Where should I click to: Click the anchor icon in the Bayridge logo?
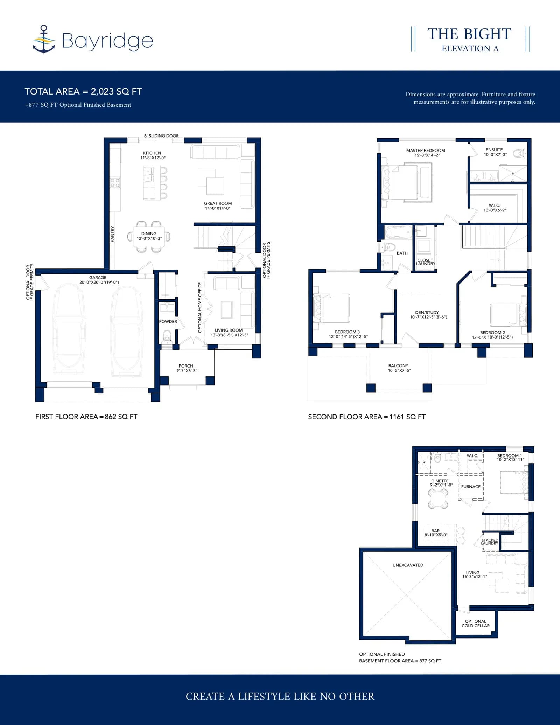(44, 39)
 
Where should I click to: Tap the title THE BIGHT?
(469, 34)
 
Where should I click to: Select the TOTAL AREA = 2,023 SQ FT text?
(83, 91)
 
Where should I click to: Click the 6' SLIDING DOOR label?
(161, 136)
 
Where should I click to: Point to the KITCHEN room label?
(152, 153)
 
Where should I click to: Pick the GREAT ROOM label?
(218, 203)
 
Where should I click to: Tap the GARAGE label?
(98, 277)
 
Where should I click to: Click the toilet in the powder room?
(167, 337)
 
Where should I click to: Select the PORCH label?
(186, 366)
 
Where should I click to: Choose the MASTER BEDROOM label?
(426, 151)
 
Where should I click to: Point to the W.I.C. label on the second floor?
(495, 205)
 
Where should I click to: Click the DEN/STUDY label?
(427, 312)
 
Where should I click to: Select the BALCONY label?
(398, 365)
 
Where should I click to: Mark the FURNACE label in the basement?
(471, 487)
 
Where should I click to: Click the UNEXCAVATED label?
(408, 565)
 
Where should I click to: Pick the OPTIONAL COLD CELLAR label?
(476, 623)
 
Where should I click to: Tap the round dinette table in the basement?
(438, 498)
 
